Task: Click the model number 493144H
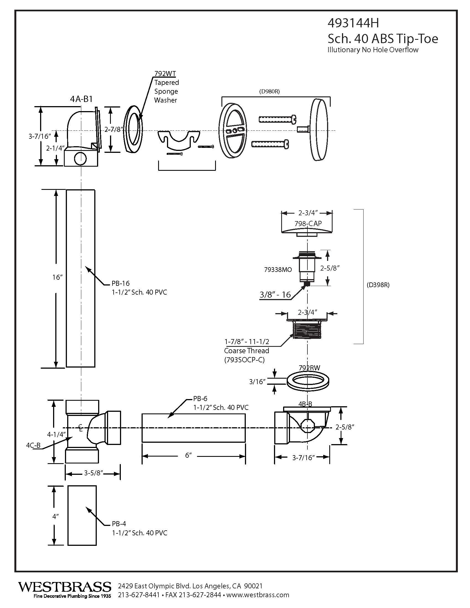(353, 23)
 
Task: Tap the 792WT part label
(165, 74)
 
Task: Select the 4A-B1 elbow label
(81, 99)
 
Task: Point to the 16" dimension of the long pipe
(57, 277)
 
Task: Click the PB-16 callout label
(121, 283)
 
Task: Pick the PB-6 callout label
(200, 398)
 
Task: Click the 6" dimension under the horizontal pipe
(189, 455)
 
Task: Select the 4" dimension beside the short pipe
(56, 517)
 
